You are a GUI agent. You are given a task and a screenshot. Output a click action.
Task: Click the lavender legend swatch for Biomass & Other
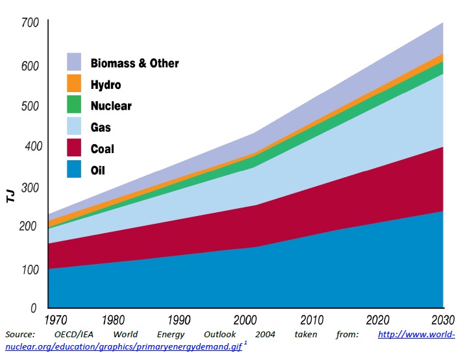pyautogui.click(x=75, y=62)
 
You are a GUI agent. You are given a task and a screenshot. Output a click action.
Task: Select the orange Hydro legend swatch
pyautogui.click(x=75, y=84)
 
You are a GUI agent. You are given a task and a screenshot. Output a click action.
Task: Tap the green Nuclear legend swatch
pyautogui.click(x=75, y=105)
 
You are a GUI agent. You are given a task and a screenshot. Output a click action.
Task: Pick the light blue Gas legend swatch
pyautogui.click(x=75, y=127)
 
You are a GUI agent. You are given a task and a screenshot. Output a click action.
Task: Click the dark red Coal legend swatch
pyautogui.click(x=75, y=149)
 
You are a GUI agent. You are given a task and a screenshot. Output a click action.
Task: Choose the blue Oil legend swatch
pyautogui.click(x=75, y=170)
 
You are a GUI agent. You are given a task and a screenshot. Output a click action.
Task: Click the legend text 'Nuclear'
pyautogui.click(x=111, y=106)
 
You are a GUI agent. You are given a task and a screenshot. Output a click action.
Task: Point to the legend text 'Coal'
pyautogui.click(x=102, y=149)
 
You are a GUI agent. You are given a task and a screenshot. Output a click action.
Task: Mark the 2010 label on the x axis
pyautogui.click(x=311, y=320)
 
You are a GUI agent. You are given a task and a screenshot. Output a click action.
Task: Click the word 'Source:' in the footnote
pyautogui.click(x=20, y=335)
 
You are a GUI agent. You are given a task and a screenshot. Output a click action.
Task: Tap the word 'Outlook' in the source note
pyautogui.click(x=221, y=335)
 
